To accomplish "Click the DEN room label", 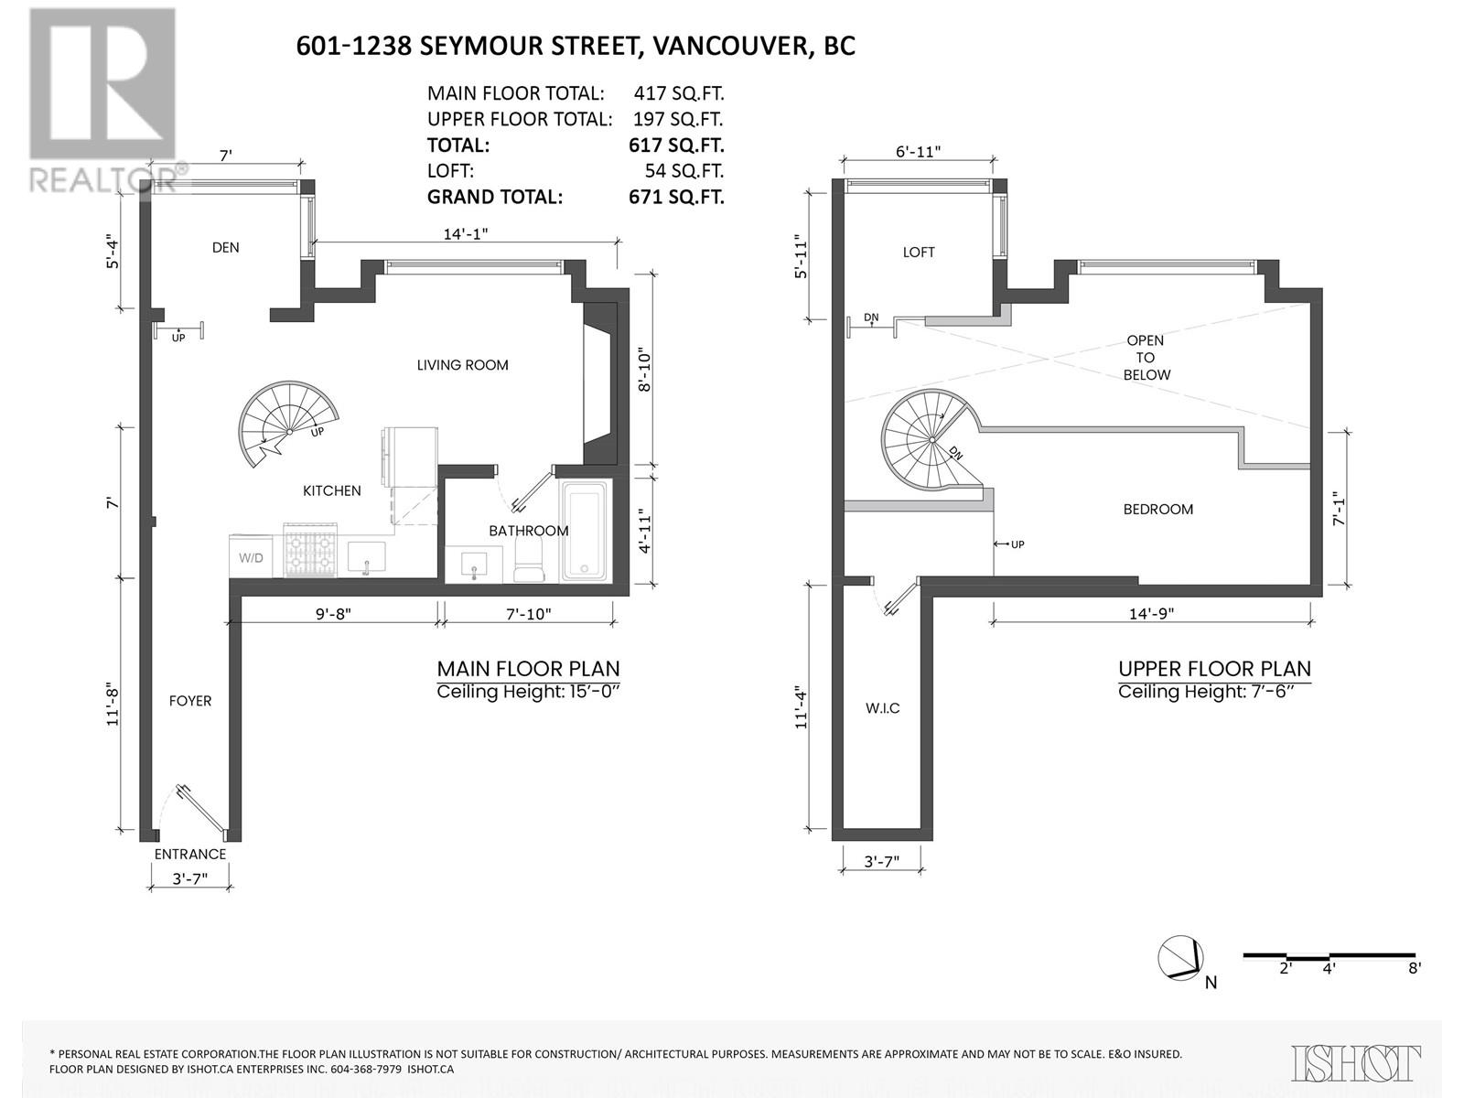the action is (225, 247).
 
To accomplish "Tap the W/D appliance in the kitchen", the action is (251, 556).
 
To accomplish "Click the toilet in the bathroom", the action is (529, 559).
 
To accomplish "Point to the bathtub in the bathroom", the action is (585, 532).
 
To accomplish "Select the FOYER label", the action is (190, 701).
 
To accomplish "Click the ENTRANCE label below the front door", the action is (190, 854).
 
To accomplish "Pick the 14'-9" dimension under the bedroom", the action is (1151, 613).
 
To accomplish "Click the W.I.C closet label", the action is (882, 708).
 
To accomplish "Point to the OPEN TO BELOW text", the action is (1146, 358).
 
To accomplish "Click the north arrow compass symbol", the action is (1182, 958).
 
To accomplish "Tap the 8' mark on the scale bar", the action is (1415, 968).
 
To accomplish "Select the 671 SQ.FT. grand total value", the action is (675, 198).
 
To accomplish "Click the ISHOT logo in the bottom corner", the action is (1355, 1062).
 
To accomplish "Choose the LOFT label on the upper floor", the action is (919, 252).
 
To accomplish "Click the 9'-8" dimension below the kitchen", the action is (333, 614).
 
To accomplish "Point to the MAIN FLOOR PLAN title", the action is (528, 669).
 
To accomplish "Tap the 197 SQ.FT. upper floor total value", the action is (677, 119).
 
